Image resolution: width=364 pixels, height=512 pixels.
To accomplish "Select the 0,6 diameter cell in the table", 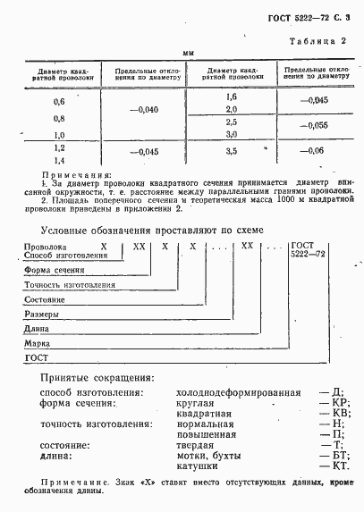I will [60, 102].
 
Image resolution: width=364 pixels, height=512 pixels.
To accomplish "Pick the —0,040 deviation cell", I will [144, 109].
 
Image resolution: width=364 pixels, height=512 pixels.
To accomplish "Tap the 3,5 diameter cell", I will [232, 152].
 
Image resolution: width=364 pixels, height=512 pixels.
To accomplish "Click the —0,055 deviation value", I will [317, 126].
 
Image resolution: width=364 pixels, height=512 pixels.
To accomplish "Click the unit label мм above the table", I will [188, 54].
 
